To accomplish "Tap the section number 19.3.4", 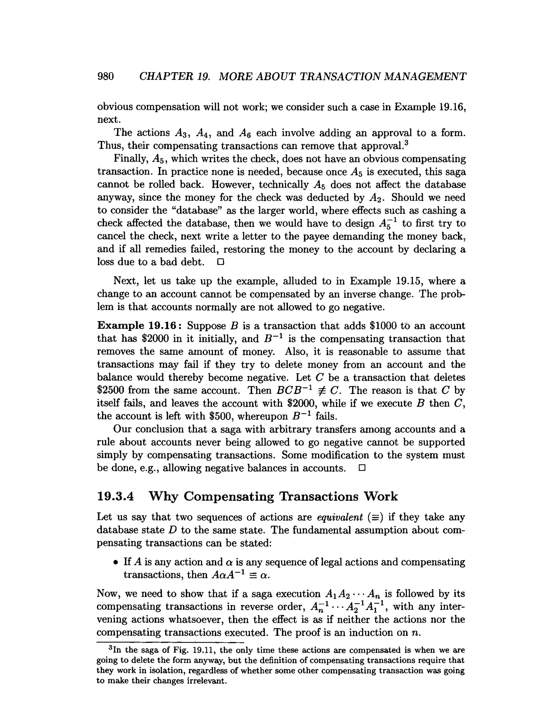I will coord(115,496).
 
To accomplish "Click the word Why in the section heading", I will coord(163,496).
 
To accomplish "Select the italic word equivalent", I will coord(340,517).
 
